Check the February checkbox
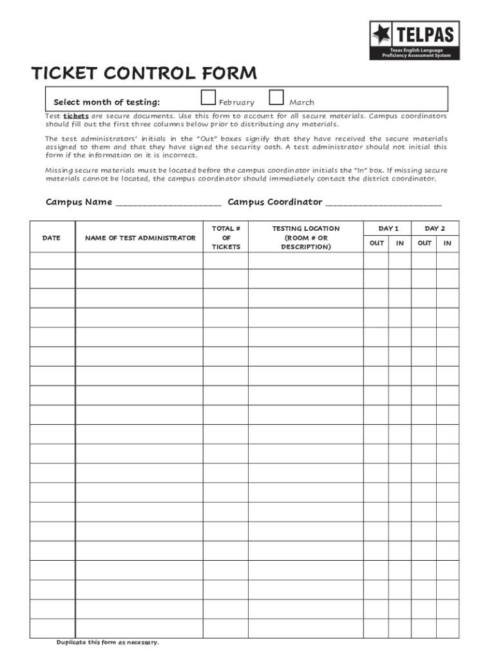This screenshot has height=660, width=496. point(207,98)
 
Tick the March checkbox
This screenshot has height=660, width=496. point(276,98)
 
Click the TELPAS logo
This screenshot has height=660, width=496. point(414,40)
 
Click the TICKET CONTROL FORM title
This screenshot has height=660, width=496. point(144,73)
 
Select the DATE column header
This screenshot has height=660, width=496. point(52,238)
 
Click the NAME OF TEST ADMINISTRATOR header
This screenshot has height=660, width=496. point(140,238)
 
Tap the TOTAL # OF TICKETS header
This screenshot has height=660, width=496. point(225,238)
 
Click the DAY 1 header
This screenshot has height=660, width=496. point(388,229)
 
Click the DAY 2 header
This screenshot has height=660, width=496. point(435,229)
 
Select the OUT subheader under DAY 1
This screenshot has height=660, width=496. point(376,244)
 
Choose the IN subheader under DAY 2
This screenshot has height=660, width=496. point(447,244)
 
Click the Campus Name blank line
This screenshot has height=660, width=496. point(168,203)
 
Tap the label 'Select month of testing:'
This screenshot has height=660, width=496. point(106,102)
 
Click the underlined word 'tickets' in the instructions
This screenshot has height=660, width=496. point(76,116)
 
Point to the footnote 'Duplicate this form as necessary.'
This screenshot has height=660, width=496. point(107,643)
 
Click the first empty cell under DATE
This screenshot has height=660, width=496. point(52,260)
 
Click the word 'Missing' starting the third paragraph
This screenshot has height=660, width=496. point(59,170)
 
